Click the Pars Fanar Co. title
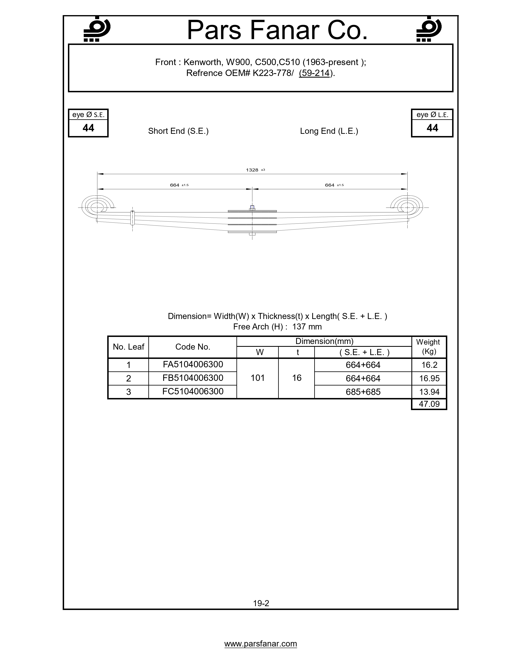pyautogui.click(x=277, y=30)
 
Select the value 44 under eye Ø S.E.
pyautogui.click(x=88, y=128)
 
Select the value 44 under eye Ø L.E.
pyautogui.click(x=432, y=128)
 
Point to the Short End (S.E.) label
pyautogui.click(x=178, y=131)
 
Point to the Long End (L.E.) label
pyautogui.click(x=329, y=131)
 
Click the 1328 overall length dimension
pyautogui.click(x=252, y=170)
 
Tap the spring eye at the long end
pyautogui.click(x=407, y=207)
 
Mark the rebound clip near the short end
pyautogui.click(x=132, y=217)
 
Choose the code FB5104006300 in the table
pyautogui.click(x=193, y=378)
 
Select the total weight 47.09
pyautogui.click(x=429, y=404)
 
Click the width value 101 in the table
pyautogui.click(x=258, y=378)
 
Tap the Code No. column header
pyautogui.click(x=193, y=347)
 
